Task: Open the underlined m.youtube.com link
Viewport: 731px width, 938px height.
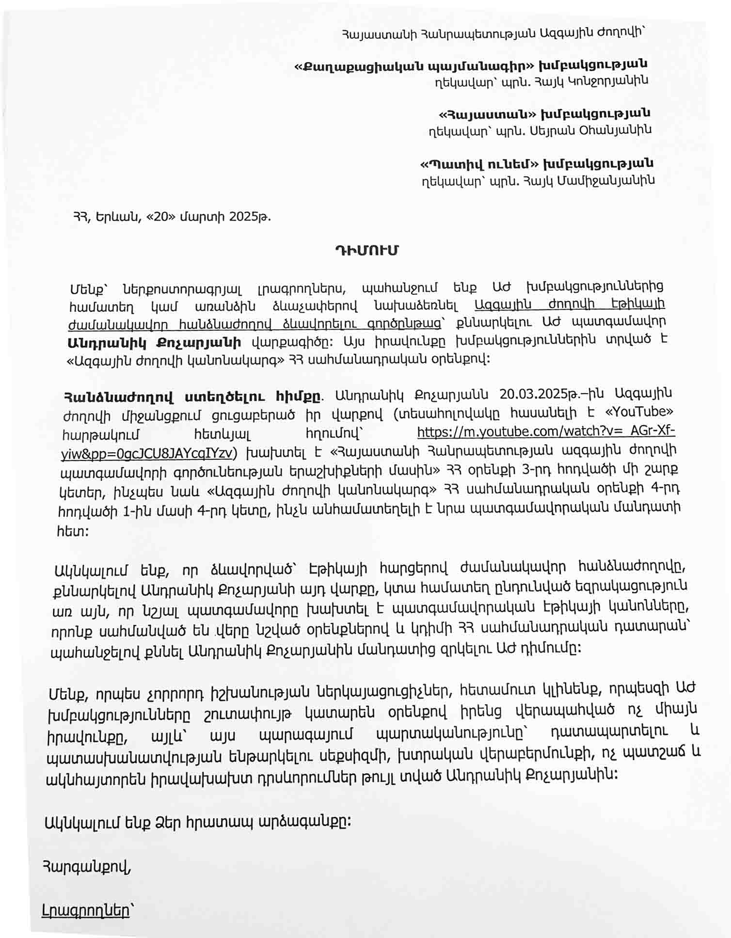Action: [545, 431]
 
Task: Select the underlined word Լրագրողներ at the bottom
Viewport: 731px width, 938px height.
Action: [86, 910]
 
